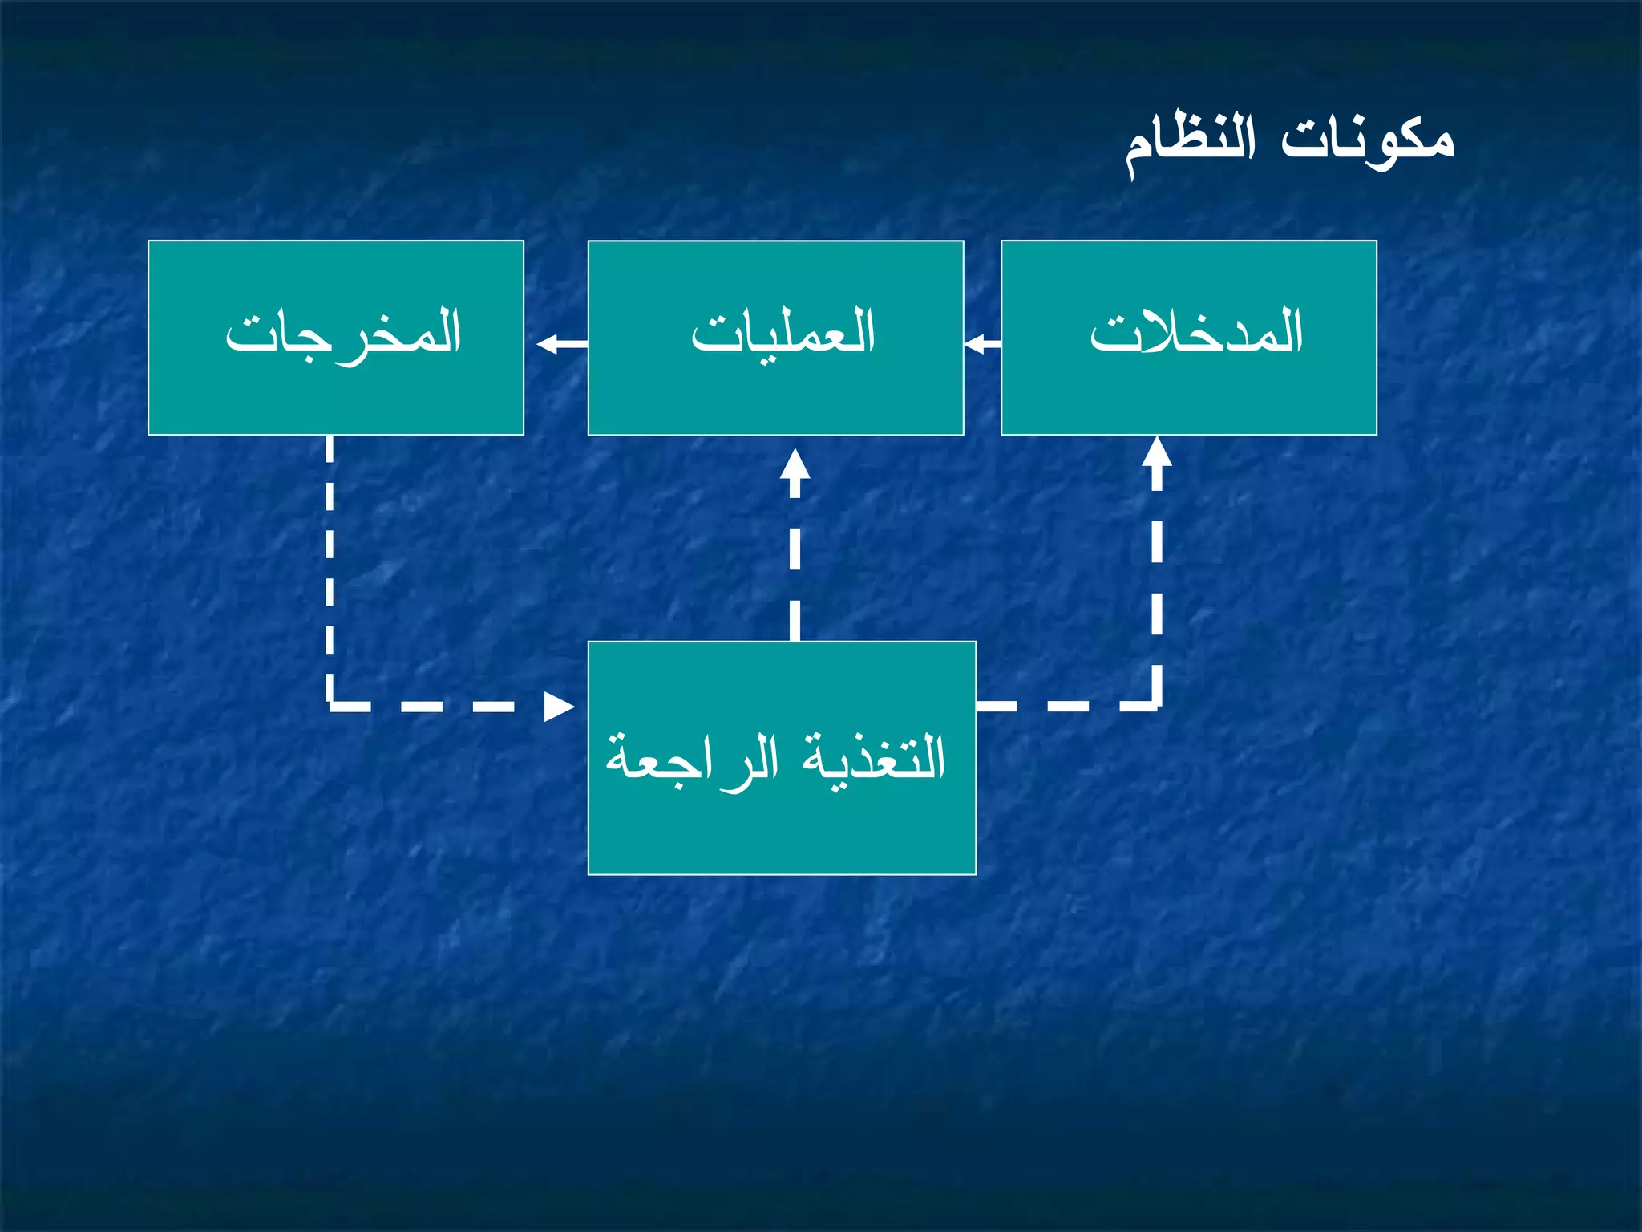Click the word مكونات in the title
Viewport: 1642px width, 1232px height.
tap(1366, 140)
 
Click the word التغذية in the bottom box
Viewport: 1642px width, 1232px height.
tap(874, 757)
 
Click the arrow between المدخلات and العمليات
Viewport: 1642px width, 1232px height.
tap(982, 345)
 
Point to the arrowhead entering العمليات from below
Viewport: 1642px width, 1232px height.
tap(795, 464)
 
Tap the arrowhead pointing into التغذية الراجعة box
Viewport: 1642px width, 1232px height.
tap(559, 707)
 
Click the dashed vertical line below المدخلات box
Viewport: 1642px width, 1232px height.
tap(1156, 577)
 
